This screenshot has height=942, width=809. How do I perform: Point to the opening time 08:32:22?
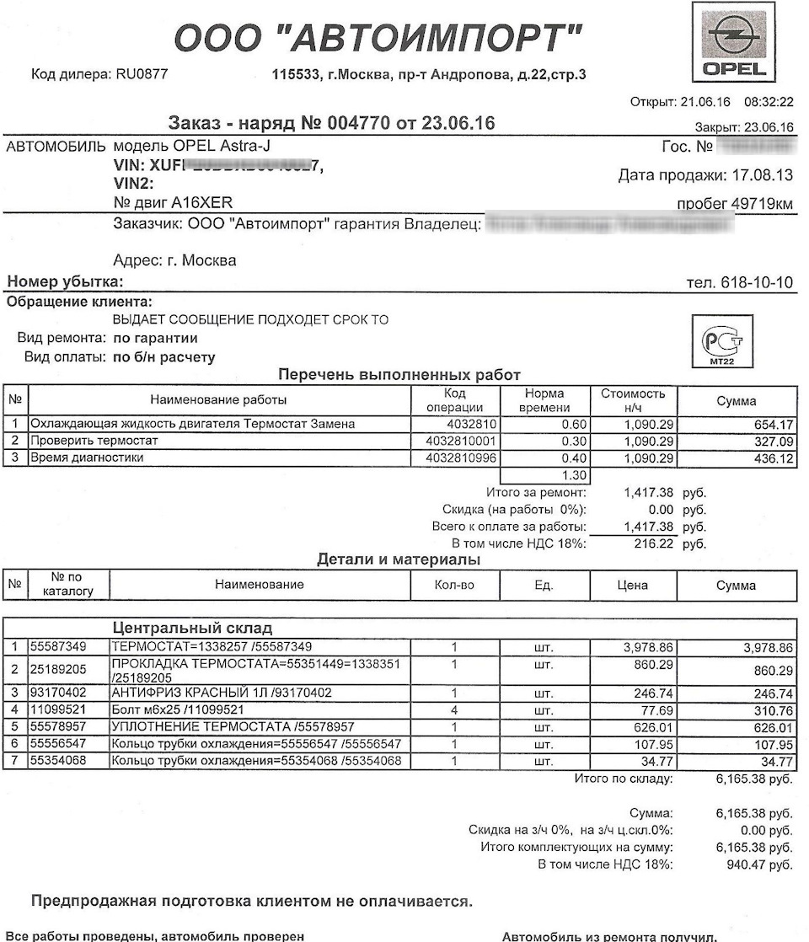click(768, 102)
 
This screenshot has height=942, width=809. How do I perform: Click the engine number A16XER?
click(201, 203)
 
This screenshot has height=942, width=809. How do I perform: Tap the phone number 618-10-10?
click(756, 282)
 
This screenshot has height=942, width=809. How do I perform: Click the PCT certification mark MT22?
click(721, 341)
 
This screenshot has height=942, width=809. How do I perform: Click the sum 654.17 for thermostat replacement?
click(770, 424)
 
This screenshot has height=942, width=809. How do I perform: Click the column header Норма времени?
click(544, 400)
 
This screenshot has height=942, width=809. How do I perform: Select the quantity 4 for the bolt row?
click(454, 709)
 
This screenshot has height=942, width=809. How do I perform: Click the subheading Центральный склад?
click(191, 629)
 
